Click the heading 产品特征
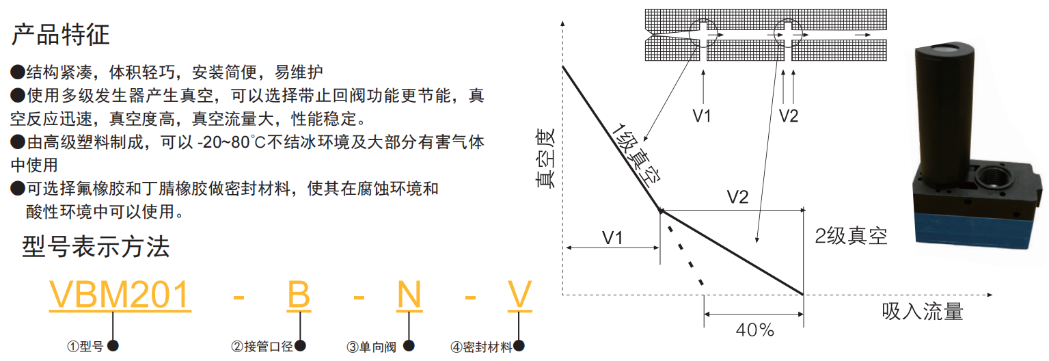61,34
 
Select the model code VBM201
119,296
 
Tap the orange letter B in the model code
299,296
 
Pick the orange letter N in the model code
409,296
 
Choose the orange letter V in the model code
519,296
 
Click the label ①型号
85,347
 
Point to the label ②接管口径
262,347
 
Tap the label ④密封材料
481,347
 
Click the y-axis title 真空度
545,159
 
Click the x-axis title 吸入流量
923,312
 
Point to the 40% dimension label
754,330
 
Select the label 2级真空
852,237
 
